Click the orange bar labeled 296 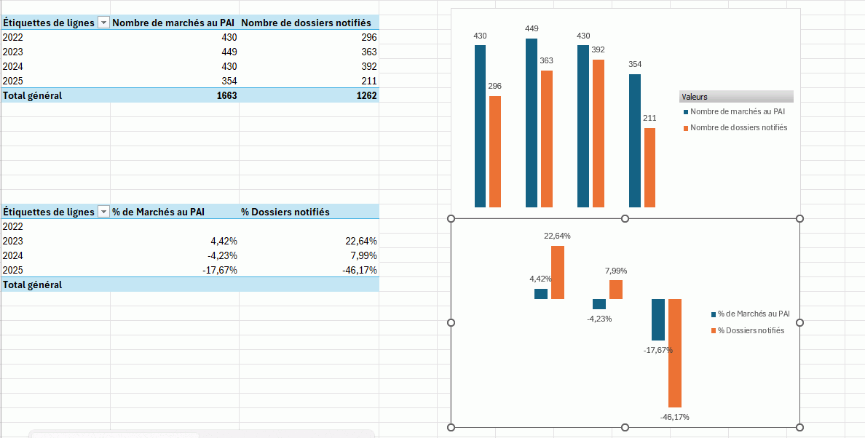pyautogui.click(x=495, y=151)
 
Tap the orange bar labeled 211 pyautogui.click(x=649, y=167)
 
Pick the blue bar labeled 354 pyautogui.click(x=635, y=140)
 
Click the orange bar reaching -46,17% pyautogui.click(x=675, y=353)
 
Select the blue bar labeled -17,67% pyautogui.click(x=658, y=319)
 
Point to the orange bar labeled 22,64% pyautogui.click(x=558, y=272)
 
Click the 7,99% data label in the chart pyautogui.click(x=616, y=271)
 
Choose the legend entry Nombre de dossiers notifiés pyautogui.click(x=738, y=128)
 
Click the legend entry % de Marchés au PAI pyautogui.click(x=753, y=314)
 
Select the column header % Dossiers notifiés pyautogui.click(x=285, y=212)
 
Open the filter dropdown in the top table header pyautogui.click(x=103, y=23)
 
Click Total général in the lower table pyautogui.click(x=33, y=284)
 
